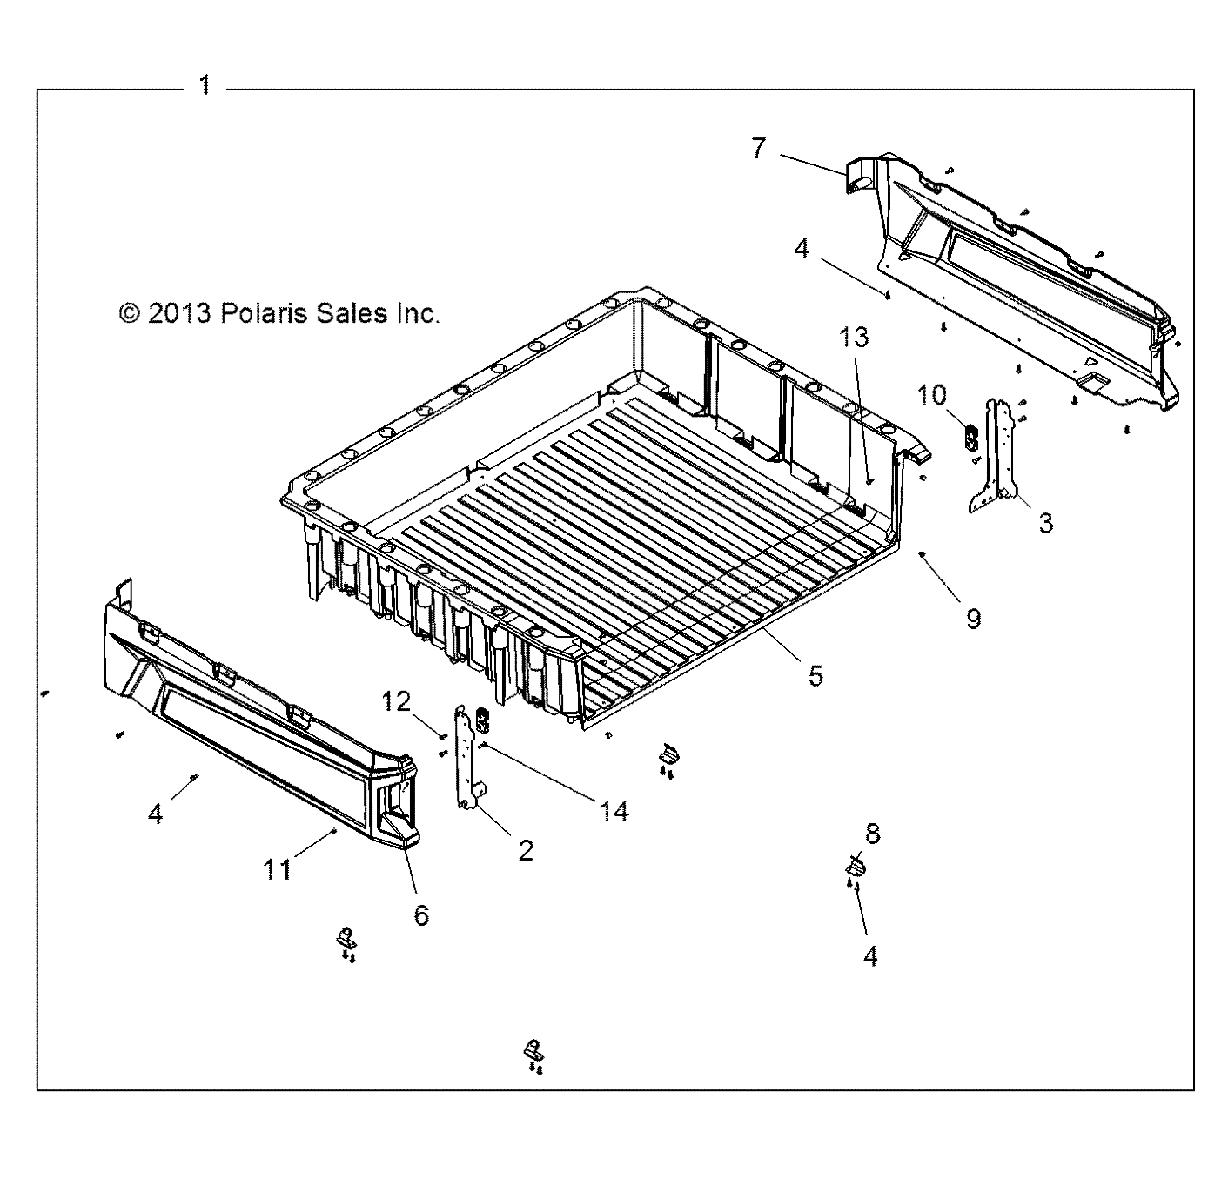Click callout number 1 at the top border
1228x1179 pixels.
pyautogui.click(x=205, y=85)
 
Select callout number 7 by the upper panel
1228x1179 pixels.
pyautogui.click(x=759, y=149)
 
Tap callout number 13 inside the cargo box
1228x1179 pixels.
pyautogui.click(x=854, y=338)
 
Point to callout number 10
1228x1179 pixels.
pyautogui.click(x=931, y=395)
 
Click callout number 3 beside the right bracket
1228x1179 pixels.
pyautogui.click(x=1045, y=522)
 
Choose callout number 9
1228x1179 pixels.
pyautogui.click(x=973, y=618)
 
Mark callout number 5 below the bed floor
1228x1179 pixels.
pyautogui.click(x=815, y=675)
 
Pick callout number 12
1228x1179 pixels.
pyautogui.click(x=397, y=701)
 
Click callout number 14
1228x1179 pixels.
pyautogui.click(x=614, y=811)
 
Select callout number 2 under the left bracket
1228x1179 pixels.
pyautogui.click(x=525, y=849)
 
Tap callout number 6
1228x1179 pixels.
pyautogui.click(x=421, y=914)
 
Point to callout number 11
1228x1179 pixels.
pyautogui.click(x=278, y=868)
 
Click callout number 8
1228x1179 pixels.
pyautogui.click(x=872, y=834)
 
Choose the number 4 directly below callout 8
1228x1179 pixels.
pyautogui.click(x=870, y=955)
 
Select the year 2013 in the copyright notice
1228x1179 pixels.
pyautogui.click(x=179, y=313)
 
